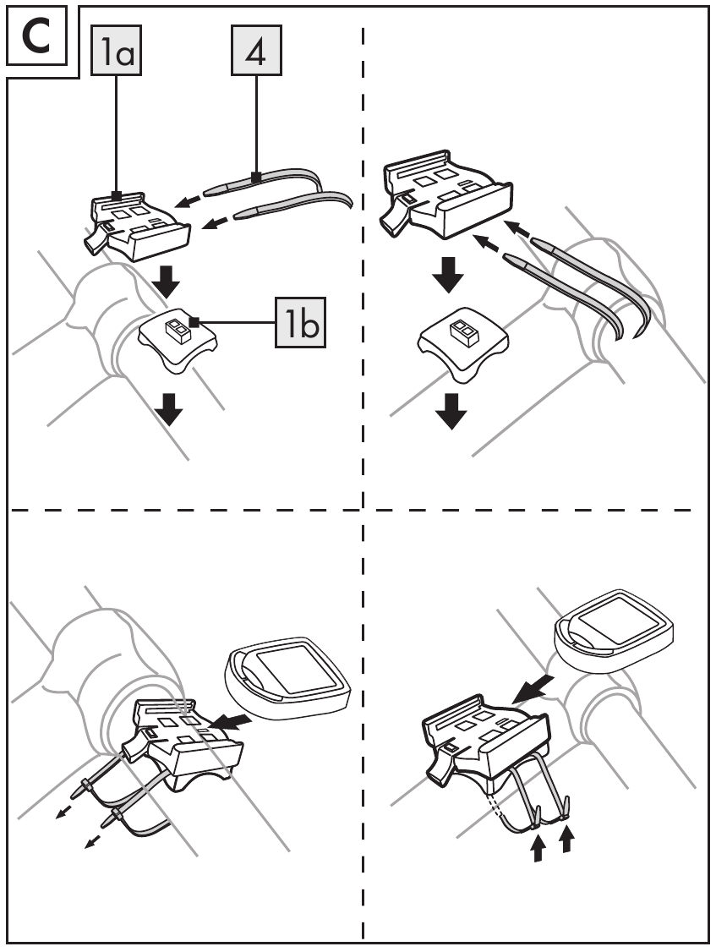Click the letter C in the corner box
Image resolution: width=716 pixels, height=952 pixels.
37,39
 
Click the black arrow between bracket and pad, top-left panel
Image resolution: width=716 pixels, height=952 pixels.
161,282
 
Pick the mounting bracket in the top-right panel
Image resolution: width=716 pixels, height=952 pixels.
448,194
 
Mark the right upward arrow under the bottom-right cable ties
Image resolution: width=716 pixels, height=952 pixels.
566,840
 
